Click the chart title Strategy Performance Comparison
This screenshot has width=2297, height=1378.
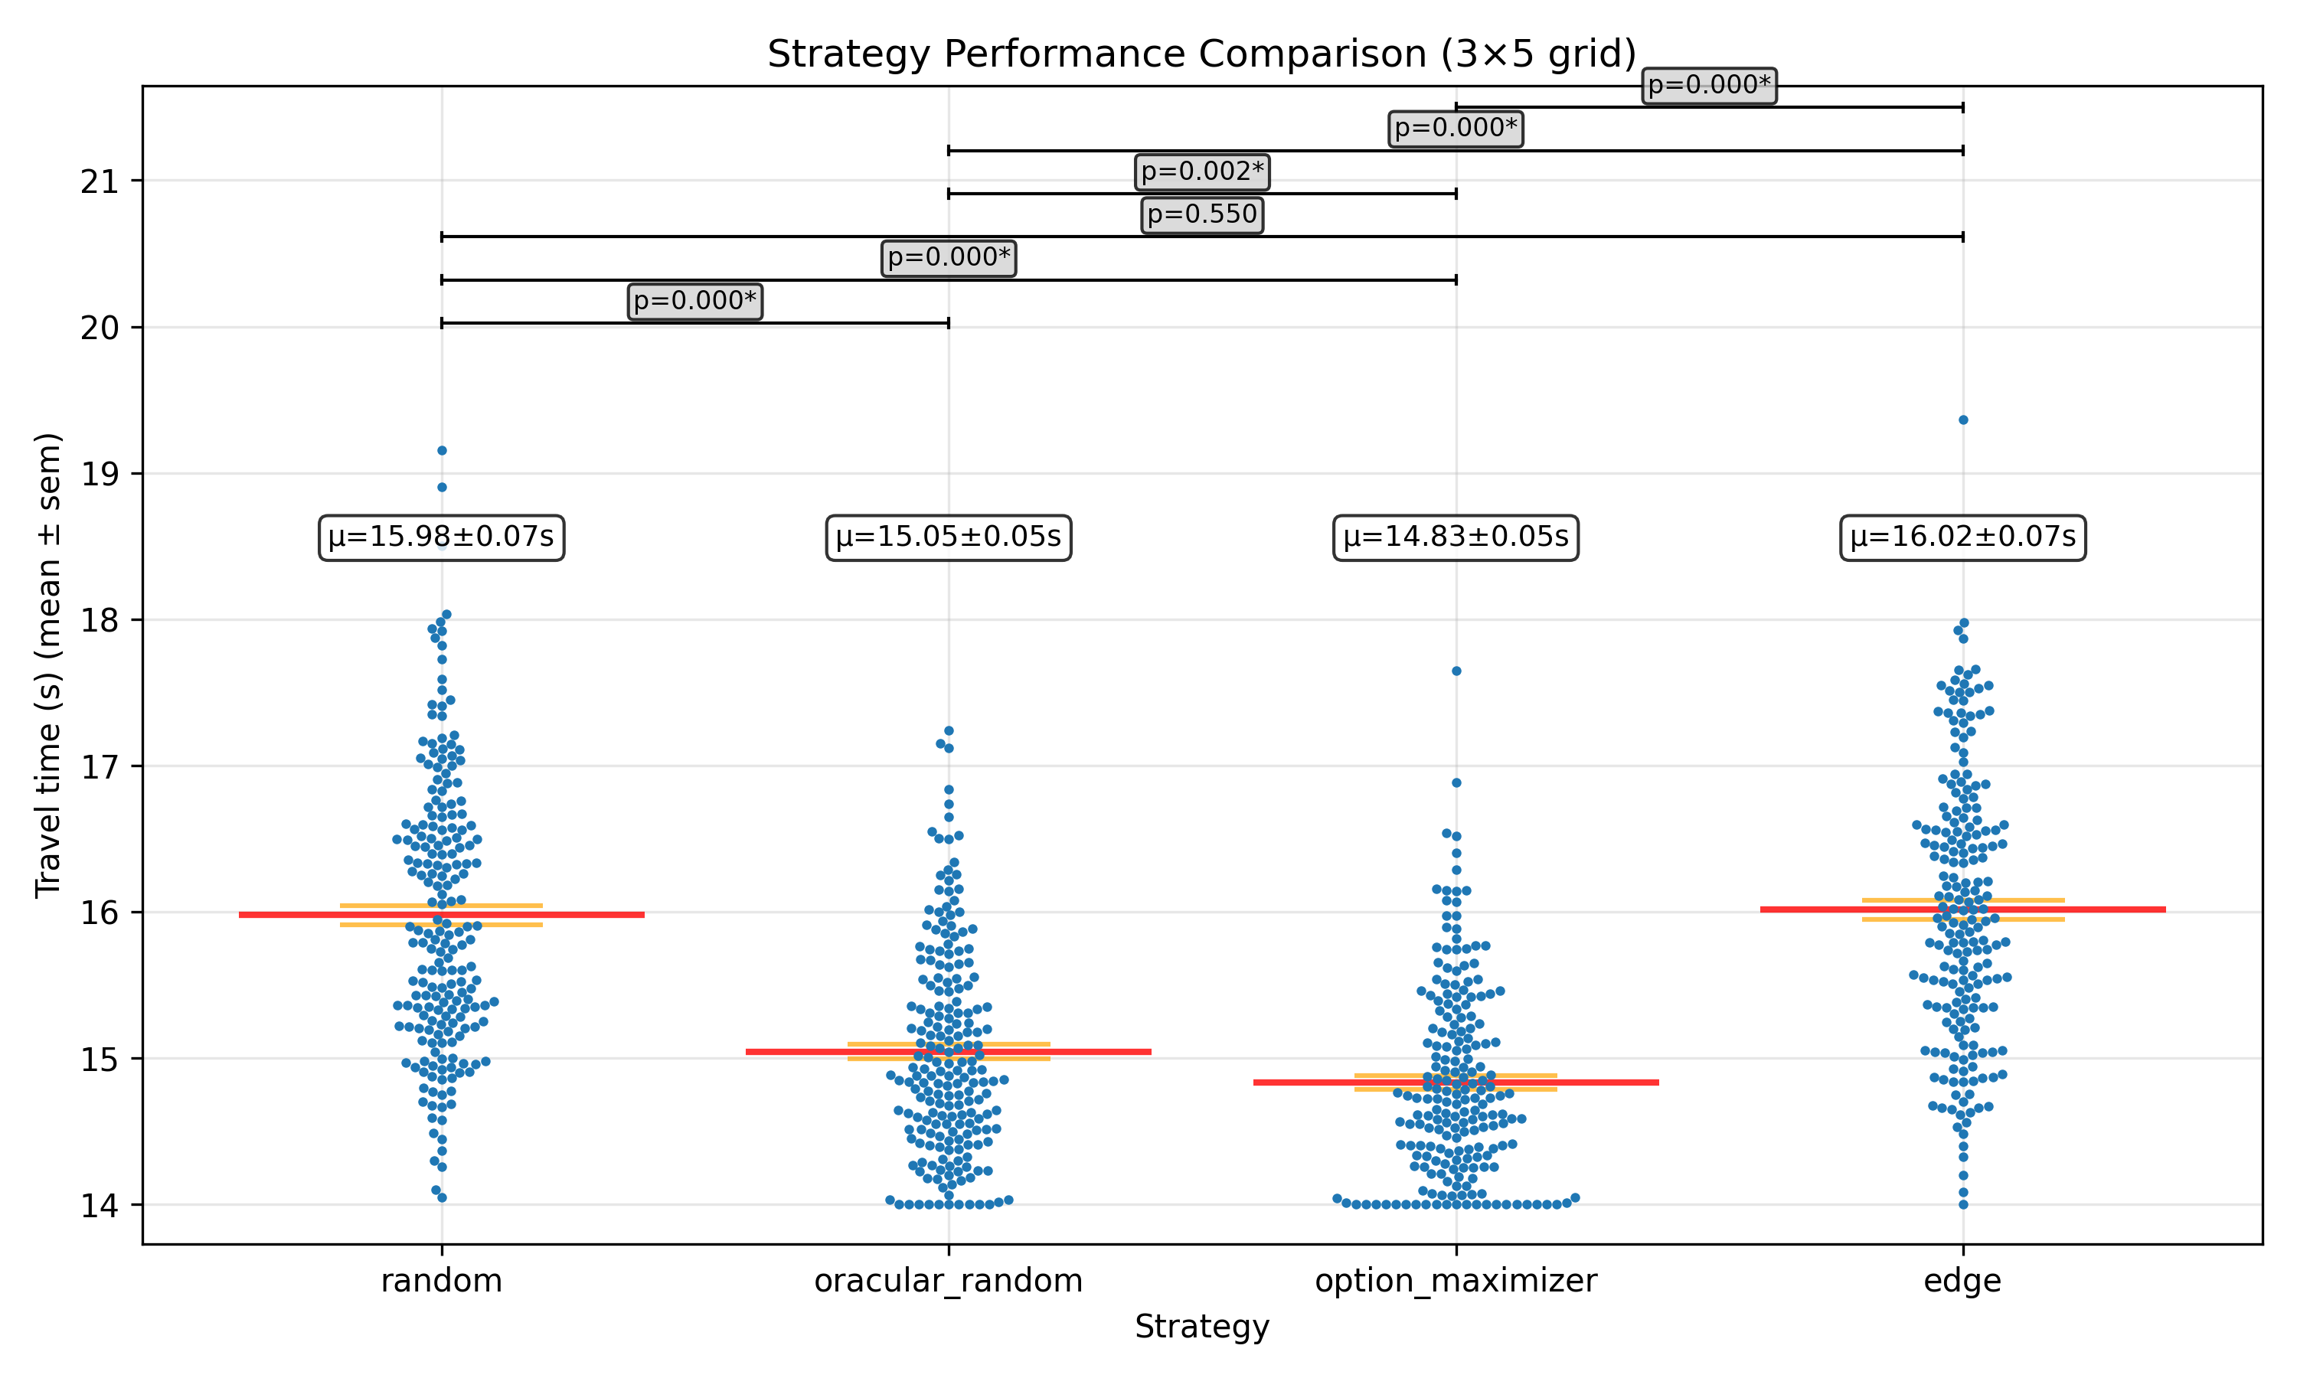click(1201, 54)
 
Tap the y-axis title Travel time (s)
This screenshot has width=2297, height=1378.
click(48, 665)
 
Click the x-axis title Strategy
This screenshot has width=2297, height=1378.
click(1201, 1326)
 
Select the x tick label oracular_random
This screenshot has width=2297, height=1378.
click(948, 1281)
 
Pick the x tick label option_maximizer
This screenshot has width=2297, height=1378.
click(1456, 1281)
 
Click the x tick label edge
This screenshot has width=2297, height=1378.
click(1962, 1281)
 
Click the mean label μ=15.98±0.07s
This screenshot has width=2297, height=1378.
click(441, 537)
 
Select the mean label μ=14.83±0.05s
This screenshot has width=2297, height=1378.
click(1456, 537)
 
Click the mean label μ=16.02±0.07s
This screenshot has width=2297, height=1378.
click(1962, 537)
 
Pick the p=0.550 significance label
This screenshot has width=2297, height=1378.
click(1201, 214)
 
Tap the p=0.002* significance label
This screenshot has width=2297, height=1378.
click(1201, 171)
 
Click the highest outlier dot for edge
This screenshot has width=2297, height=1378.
click(1962, 420)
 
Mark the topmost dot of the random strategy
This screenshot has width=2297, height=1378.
click(442, 450)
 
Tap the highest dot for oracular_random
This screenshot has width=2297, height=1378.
click(949, 731)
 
